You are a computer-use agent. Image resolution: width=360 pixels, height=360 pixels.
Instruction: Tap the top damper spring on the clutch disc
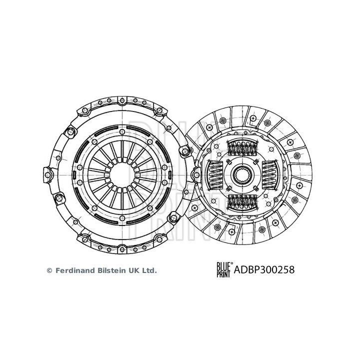242,148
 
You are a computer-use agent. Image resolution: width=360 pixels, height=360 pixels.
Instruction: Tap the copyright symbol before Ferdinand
49,270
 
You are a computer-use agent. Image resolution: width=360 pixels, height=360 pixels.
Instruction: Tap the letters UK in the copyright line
135,270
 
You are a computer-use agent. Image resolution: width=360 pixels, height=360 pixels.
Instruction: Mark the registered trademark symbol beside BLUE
231,263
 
